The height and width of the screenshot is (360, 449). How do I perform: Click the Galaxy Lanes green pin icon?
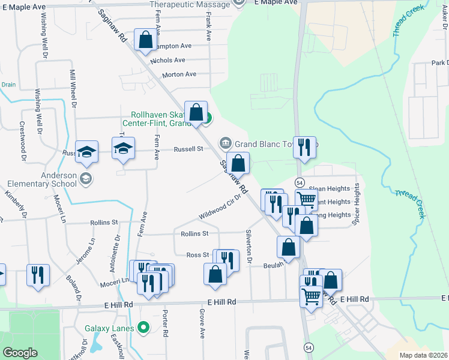point(143,328)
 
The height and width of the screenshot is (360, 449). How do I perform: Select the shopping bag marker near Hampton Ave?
point(145,40)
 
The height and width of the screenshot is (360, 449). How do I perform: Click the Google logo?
point(20,353)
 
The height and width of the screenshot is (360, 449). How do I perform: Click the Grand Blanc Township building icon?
point(226,143)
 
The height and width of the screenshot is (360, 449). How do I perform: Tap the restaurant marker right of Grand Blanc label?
point(304,146)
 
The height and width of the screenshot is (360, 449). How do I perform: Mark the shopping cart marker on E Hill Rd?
point(311,295)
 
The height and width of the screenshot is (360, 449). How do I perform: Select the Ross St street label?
point(197,255)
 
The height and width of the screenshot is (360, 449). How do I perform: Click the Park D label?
point(439,63)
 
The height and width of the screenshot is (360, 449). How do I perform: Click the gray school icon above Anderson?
point(86,179)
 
